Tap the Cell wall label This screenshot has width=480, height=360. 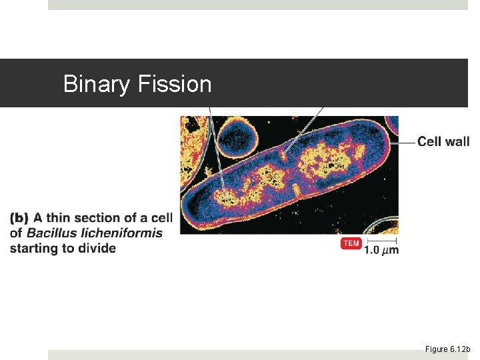point(443,141)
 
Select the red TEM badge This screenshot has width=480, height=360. point(351,243)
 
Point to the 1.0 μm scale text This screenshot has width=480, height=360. point(381,251)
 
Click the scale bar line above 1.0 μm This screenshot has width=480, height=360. point(381,240)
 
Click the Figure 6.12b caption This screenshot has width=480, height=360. point(447,349)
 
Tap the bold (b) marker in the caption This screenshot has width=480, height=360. point(19,218)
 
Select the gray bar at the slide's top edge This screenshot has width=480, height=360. point(257,5)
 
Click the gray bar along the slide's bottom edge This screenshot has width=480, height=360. point(257,355)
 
